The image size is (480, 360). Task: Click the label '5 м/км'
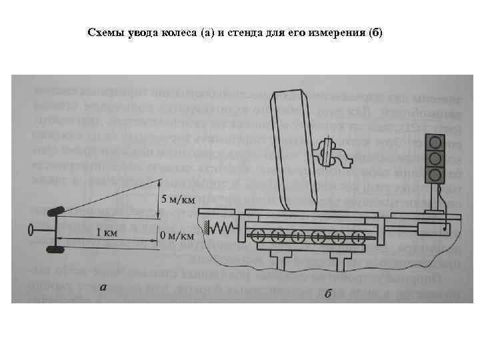[179, 198]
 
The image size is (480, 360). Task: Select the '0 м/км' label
[177, 235]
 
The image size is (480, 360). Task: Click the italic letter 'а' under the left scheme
[101, 288]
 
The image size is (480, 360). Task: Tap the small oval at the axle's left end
[31, 231]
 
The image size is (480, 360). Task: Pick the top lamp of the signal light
[435, 142]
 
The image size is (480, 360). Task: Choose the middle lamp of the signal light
[435, 158]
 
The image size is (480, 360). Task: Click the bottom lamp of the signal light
[435, 174]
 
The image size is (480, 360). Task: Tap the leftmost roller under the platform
[257, 235]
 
